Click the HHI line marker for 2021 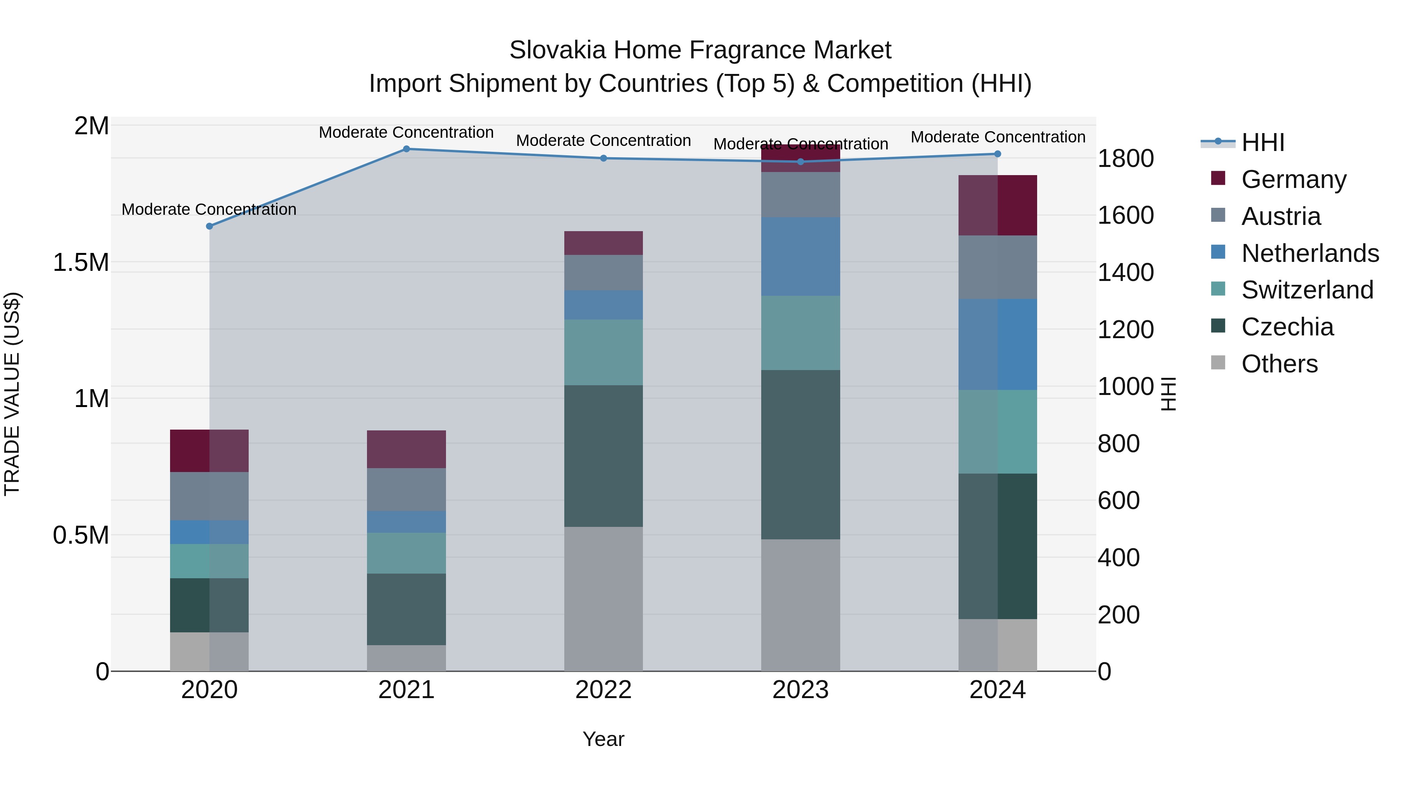[406, 149]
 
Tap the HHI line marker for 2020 [209, 226]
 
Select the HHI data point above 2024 [997, 154]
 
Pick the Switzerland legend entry [1307, 290]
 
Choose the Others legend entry [1279, 364]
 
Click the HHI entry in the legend [1262, 142]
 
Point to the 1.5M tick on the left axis [81, 263]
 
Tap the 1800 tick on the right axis [1125, 159]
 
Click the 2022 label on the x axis [603, 690]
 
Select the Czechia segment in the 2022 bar [603, 456]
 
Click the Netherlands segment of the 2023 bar [800, 257]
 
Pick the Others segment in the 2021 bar [406, 658]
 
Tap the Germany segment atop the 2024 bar [997, 205]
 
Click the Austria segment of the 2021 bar [406, 490]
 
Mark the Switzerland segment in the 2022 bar [603, 353]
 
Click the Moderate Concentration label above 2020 [209, 209]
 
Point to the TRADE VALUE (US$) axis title [12, 394]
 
